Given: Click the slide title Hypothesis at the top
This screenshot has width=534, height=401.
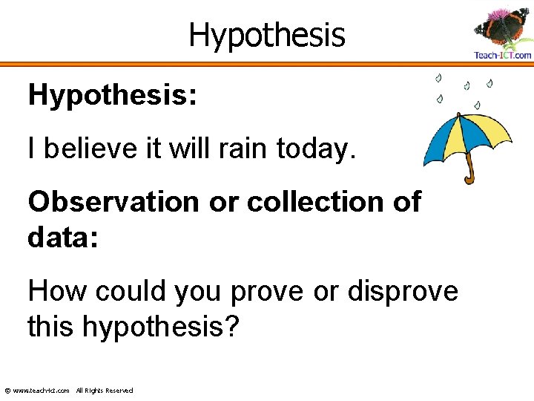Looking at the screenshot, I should [x=267, y=34].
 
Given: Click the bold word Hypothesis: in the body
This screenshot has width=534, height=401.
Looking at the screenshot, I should [x=112, y=96].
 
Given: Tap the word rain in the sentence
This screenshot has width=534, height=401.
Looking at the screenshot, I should [x=241, y=149].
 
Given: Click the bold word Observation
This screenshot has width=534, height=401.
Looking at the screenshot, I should [x=113, y=201].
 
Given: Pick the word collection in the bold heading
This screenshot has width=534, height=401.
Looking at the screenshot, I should [x=319, y=201].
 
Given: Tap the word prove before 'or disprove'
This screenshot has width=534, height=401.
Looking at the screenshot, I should [x=266, y=292].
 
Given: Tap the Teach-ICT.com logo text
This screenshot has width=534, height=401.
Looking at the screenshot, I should [x=503, y=55].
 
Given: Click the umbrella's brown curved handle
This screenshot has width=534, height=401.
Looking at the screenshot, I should [x=468, y=173].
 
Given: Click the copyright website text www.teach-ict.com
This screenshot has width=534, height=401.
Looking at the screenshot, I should [x=42, y=391].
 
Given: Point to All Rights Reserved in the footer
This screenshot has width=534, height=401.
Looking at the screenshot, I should [x=105, y=391].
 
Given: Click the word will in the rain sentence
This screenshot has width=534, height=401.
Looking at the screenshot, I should [x=185, y=149].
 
